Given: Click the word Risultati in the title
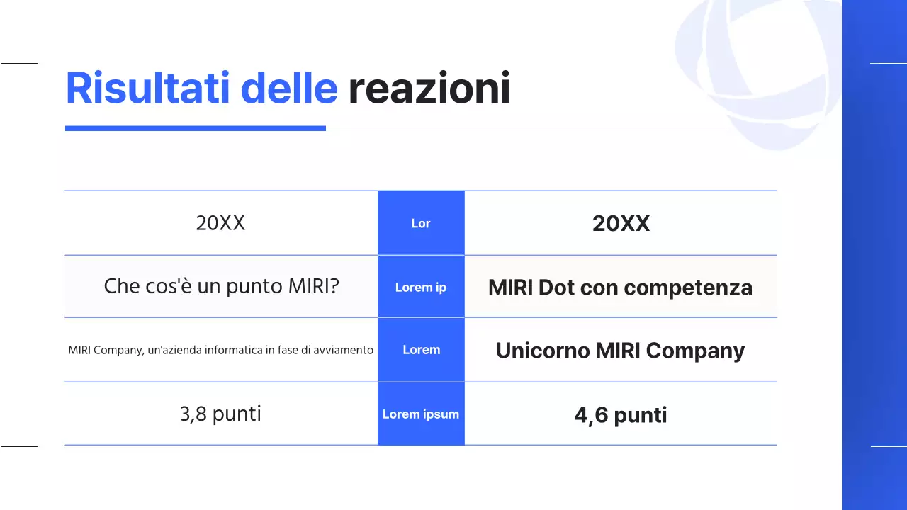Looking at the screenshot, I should (x=147, y=89).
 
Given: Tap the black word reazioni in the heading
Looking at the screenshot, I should (x=429, y=90).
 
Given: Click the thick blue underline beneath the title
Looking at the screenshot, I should (x=195, y=128).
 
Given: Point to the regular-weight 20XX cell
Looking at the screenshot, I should (x=220, y=223).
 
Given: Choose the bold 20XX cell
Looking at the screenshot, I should (x=621, y=224).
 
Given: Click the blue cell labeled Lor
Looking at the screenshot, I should (x=421, y=223).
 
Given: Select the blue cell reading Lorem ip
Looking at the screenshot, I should (x=421, y=287).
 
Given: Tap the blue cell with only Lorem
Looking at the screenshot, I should (x=421, y=350).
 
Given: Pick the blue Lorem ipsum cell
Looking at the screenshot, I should (x=421, y=414).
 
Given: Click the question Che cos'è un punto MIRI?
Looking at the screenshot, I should (x=221, y=287).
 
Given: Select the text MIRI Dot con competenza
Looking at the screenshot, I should (x=620, y=288).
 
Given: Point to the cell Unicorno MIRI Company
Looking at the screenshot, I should (x=620, y=351).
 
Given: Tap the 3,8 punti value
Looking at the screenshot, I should (x=220, y=414).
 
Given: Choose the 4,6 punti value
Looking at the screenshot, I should (x=620, y=415).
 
